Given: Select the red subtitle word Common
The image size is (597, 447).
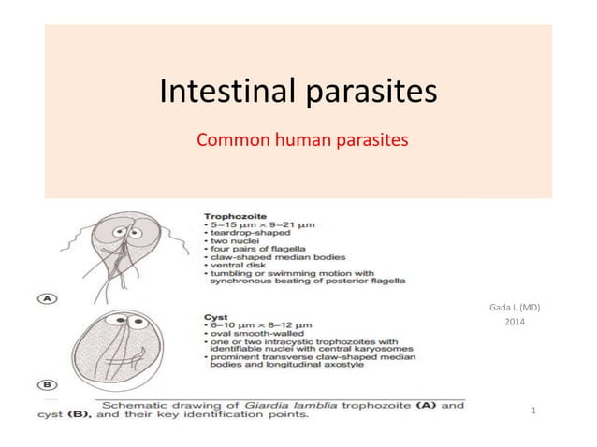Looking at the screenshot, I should (x=229, y=141).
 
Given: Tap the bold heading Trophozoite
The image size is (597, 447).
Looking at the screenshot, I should (x=234, y=212).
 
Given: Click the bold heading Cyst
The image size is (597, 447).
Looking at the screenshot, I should (x=215, y=316).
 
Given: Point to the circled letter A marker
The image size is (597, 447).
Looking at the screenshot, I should (x=46, y=298).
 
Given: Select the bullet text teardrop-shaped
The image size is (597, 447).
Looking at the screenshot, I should (x=246, y=233).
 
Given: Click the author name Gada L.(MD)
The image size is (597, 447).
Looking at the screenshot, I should (x=515, y=308).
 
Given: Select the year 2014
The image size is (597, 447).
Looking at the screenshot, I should (x=515, y=323).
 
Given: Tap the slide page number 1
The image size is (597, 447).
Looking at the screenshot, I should (x=532, y=410).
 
